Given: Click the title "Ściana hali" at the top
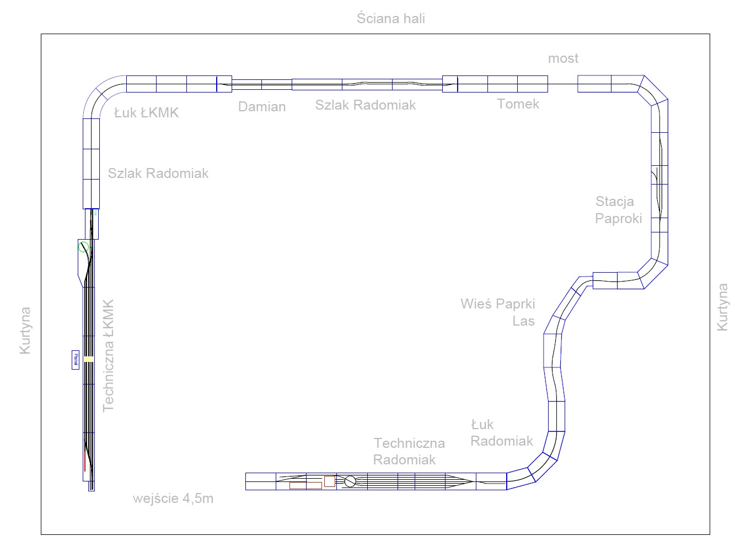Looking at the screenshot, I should click(390, 18).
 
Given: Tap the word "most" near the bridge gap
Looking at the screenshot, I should click(563, 58).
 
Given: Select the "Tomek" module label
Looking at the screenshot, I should click(518, 104).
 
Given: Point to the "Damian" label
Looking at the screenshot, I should click(262, 107).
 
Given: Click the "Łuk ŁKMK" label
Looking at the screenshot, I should click(146, 113).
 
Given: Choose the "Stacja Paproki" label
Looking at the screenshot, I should click(618, 210).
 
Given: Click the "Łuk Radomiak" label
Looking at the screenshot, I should click(501, 432).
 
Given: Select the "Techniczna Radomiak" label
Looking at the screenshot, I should click(409, 451).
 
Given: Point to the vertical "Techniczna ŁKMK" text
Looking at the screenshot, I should click(109, 355).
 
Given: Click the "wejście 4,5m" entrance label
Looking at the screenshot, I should click(173, 499).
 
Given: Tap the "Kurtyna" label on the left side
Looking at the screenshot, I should click(25, 331).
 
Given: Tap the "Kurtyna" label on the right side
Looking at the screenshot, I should click(722, 307).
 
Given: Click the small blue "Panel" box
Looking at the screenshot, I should click(75, 360).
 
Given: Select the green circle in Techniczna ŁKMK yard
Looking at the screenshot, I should click(83, 247).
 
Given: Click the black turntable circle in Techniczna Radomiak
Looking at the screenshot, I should click(350, 481).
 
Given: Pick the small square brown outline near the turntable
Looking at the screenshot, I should click(329, 481).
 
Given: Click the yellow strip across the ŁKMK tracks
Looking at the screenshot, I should click(88, 359).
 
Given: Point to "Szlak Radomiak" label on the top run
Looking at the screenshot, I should click(365, 105).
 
